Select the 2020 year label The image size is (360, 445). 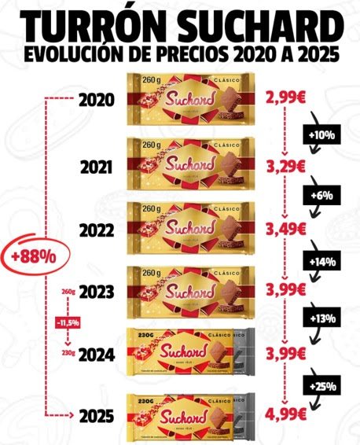(x=97, y=100)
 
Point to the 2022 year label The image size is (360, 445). (x=97, y=231)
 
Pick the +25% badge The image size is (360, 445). (x=321, y=386)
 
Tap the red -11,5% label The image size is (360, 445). (x=68, y=322)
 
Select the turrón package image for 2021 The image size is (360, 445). (x=193, y=165)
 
